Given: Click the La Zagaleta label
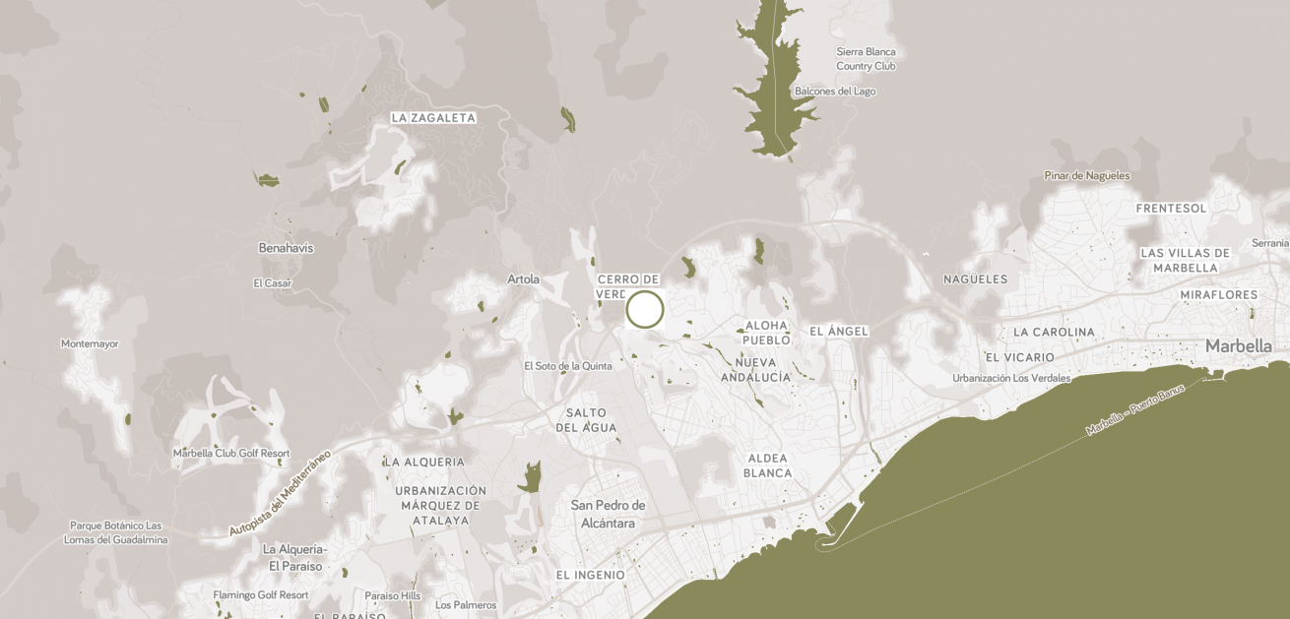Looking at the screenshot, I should coord(433,118).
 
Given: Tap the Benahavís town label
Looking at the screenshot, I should coord(286,248).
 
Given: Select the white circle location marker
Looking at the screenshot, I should coord(645,309).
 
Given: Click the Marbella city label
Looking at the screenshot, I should coord(1239,345).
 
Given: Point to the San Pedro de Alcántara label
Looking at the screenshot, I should coord(609,514).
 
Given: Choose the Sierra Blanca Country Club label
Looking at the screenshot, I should coord(867,59).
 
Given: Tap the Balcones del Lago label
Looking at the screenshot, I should coord(835,92).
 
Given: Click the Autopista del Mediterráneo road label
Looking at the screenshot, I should coord(280,494).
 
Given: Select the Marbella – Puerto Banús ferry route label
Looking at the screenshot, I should coord(1135,411).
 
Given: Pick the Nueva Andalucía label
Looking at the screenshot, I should coord(756,369).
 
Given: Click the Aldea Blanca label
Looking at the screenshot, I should coord(768,465).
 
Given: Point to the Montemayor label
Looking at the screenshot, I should coord(90,344).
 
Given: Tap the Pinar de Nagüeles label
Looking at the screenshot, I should coord(1087,176).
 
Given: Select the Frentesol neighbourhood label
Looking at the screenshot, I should coord(1171,209).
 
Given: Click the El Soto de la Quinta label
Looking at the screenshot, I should coord(568,366).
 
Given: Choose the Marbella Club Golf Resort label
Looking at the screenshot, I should coord(231,454).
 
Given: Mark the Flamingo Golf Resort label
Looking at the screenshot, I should coord(261,595).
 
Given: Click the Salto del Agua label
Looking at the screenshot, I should coord(586,420).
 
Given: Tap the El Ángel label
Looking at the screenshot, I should coord(839,332).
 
